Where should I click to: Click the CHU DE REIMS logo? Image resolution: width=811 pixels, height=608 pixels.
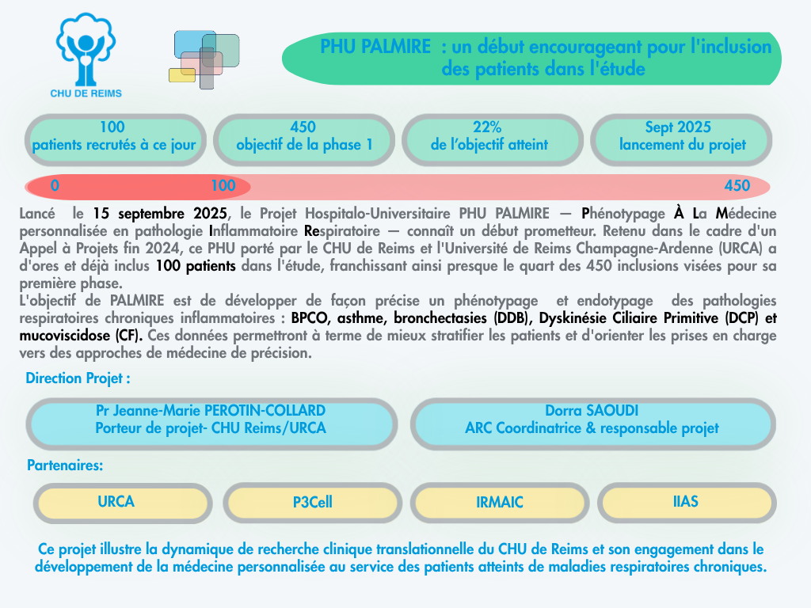pyautogui.click(x=86, y=55)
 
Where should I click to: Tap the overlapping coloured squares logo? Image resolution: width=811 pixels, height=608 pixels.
pyautogui.click(x=204, y=59)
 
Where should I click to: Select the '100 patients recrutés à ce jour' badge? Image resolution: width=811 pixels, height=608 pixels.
pyautogui.click(x=116, y=140)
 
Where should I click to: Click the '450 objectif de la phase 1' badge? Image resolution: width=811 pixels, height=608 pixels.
pyautogui.click(x=304, y=140)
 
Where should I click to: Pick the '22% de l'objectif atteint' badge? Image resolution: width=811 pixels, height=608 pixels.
pyautogui.click(x=493, y=140)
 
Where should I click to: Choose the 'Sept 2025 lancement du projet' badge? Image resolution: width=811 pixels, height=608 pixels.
pyautogui.click(x=681, y=140)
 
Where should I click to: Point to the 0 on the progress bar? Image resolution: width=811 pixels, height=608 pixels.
pyautogui.click(x=55, y=185)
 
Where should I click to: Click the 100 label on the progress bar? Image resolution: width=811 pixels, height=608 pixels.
pyautogui.click(x=223, y=185)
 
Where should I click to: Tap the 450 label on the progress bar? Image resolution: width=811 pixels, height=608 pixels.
pyautogui.click(x=737, y=185)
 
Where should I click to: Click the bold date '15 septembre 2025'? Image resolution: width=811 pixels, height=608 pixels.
pyautogui.click(x=160, y=214)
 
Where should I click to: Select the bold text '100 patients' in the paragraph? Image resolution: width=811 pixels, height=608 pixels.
pyautogui.click(x=196, y=266)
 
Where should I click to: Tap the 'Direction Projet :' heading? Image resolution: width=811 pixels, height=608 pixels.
pyautogui.click(x=78, y=378)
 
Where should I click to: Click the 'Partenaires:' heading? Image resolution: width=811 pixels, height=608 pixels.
pyautogui.click(x=65, y=465)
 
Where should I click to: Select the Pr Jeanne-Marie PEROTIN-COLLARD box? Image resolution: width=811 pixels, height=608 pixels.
pyautogui.click(x=211, y=424)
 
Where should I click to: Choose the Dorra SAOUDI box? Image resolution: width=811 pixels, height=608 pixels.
pyautogui.click(x=592, y=424)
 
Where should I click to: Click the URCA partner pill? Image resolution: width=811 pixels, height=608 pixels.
pyautogui.click(x=123, y=503)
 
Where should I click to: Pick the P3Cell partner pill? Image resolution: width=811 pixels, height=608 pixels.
pyautogui.click(x=312, y=503)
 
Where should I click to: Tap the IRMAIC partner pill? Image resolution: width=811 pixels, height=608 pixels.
pyautogui.click(x=500, y=503)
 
